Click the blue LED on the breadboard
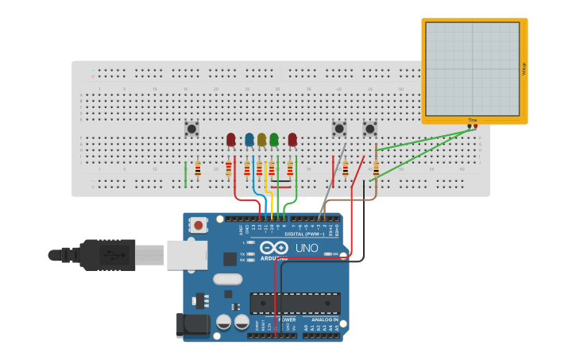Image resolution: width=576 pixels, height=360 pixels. click(x=249, y=140)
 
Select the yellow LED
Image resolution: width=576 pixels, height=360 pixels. click(x=261, y=140)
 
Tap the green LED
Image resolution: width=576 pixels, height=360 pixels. click(x=274, y=140)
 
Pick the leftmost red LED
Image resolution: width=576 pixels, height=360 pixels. click(x=230, y=140)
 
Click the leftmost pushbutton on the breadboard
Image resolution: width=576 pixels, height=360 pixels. click(x=191, y=128)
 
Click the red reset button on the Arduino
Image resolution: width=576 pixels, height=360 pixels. click(x=198, y=226)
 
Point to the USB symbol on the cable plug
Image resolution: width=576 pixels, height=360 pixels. click(x=115, y=255)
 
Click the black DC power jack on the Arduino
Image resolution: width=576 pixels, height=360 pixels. click(x=192, y=324)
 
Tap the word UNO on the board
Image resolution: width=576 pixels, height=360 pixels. click(x=307, y=249)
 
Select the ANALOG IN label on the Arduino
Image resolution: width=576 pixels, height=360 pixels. click(x=324, y=319)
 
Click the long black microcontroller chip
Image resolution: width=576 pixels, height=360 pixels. click(x=295, y=303)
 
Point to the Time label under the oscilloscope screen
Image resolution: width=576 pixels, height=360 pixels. click(x=473, y=120)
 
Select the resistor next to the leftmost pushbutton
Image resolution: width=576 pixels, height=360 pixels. click(x=198, y=168)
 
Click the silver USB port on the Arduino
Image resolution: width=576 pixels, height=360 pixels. click(x=187, y=255)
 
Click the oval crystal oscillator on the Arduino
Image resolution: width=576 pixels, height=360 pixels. click(x=227, y=279)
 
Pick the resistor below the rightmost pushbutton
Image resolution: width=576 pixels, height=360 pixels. click(x=376, y=168)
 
